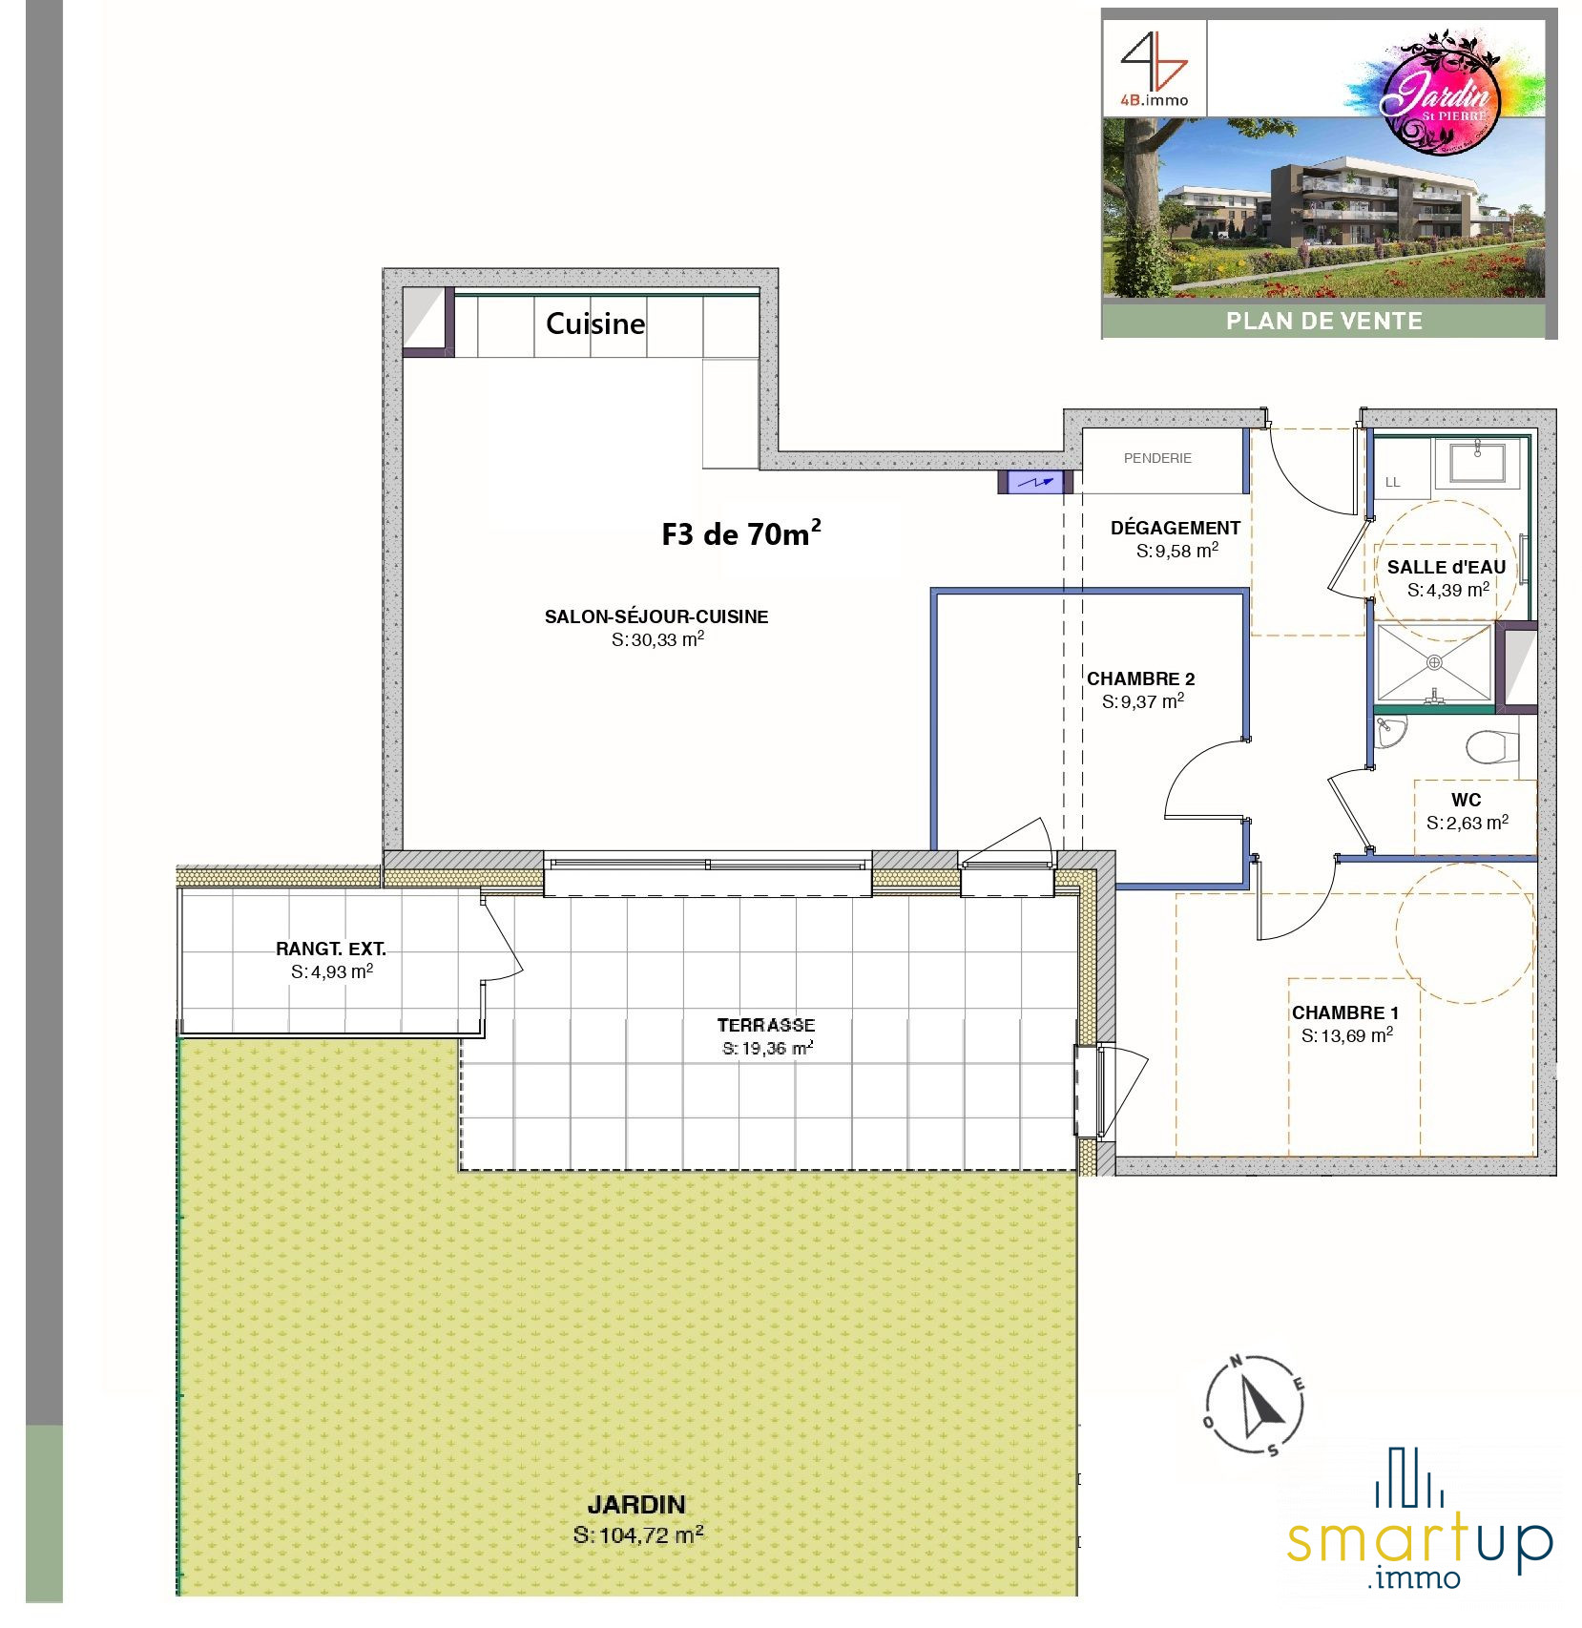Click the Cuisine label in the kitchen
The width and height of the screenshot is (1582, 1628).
click(x=595, y=324)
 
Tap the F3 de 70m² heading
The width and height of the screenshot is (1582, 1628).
click(x=741, y=533)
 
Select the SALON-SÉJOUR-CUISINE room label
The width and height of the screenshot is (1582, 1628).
click(x=656, y=616)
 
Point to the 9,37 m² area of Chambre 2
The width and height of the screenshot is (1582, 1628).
click(x=1143, y=701)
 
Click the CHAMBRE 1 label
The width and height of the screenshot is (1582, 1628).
click(x=1345, y=1012)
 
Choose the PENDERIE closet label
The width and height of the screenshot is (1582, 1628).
click(x=1157, y=458)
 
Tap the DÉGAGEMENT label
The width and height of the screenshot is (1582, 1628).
click(x=1176, y=528)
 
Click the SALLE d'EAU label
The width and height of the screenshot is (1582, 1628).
click(x=1447, y=567)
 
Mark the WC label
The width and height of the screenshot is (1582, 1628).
click(x=1467, y=800)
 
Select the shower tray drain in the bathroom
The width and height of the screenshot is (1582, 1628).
click(x=1434, y=662)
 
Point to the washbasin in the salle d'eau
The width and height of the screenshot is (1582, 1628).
click(x=1477, y=461)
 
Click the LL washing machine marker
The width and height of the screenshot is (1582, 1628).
click(x=1393, y=482)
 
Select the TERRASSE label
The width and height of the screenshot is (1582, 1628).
click(x=766, y=1025)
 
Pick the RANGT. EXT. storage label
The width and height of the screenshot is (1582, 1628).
click(x=331, y=949)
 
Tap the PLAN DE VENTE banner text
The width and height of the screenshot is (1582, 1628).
click(x=1324, y=322)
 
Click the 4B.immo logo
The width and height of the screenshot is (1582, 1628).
click(x=1155, y=69)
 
